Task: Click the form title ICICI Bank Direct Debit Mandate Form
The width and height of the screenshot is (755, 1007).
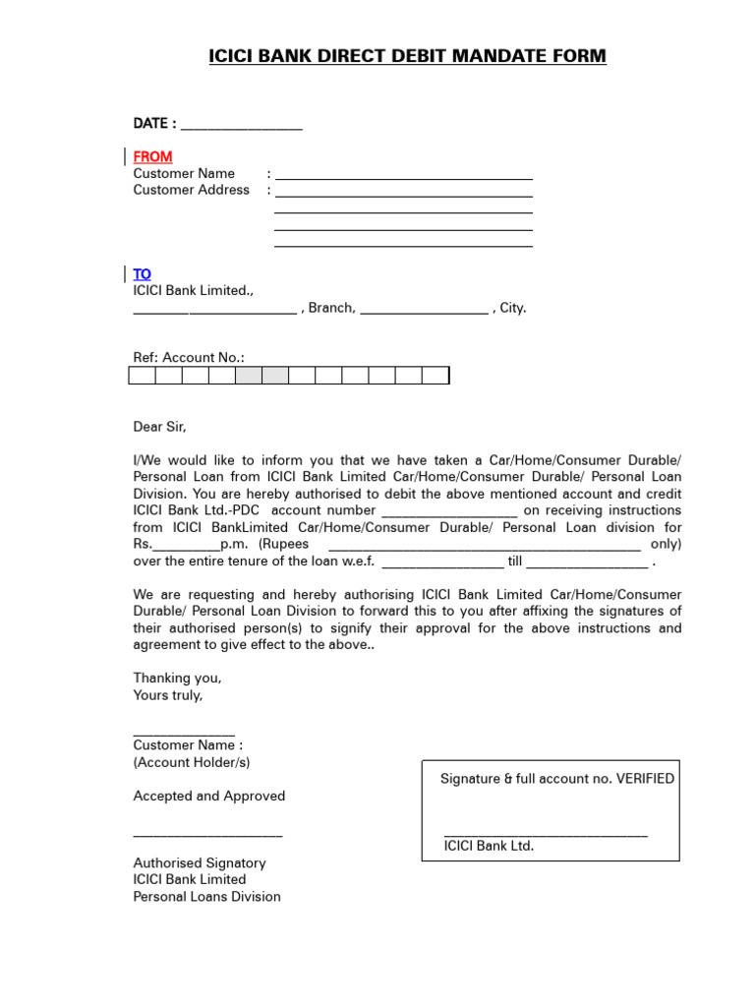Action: (407, 57)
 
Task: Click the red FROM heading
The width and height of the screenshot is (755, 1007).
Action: (152, 156)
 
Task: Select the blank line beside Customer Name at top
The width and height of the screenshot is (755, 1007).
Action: (403, 177)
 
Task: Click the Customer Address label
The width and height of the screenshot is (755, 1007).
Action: (192, 190)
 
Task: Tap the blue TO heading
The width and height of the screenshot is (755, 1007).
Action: (143, 273)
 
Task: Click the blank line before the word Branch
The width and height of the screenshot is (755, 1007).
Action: (214, 312)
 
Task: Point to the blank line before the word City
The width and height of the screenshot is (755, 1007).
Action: (424, 312)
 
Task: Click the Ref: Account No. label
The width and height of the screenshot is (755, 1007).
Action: (189, 358)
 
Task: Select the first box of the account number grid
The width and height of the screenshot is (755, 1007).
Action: (142, 375)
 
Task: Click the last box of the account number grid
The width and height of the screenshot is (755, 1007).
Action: (436, 375)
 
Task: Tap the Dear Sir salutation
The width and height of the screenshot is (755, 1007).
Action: (159, 427)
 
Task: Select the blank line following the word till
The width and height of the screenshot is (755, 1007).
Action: (588, 564)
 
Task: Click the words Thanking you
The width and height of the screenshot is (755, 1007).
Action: (177, 679)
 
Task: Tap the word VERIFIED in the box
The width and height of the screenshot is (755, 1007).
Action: (646, 779)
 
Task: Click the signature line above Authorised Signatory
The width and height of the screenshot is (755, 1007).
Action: (207, 836)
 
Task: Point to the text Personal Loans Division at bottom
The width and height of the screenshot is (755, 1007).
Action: (206, 897)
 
